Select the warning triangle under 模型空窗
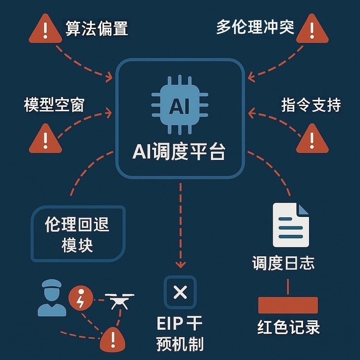[x=45, y=139]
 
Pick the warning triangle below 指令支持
[x=312, y=139]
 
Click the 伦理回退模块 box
[x=78, y=234]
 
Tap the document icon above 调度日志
[x=291, y=225]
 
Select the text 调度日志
[x=283, y=263]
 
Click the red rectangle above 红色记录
[x=288, y=305]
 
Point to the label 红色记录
[x=288, y=327]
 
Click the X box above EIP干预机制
[x=180, y=292]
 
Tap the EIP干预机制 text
[x=180, y=334]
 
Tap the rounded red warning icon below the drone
[x=112, y=339]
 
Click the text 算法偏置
[x=96, y=28]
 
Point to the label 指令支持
[x=311, y=105]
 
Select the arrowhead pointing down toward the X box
[x=180, y=265]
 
